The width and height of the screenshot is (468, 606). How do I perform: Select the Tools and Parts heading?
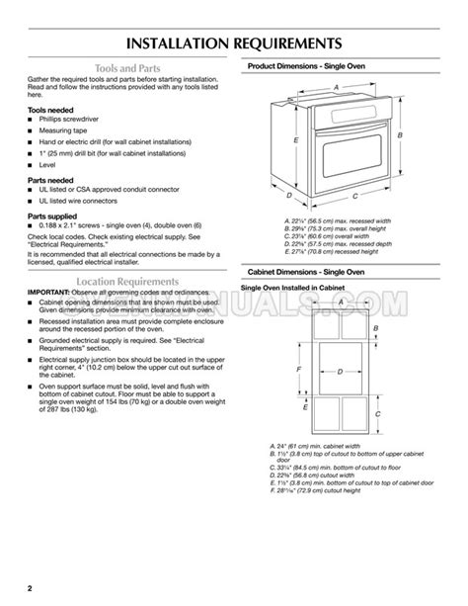pos(121,71)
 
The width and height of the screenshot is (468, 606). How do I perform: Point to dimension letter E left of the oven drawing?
pos(297,141)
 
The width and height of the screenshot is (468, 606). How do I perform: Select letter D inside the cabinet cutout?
pos(339,372)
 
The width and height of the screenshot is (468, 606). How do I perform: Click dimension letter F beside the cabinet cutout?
pos(299,368)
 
